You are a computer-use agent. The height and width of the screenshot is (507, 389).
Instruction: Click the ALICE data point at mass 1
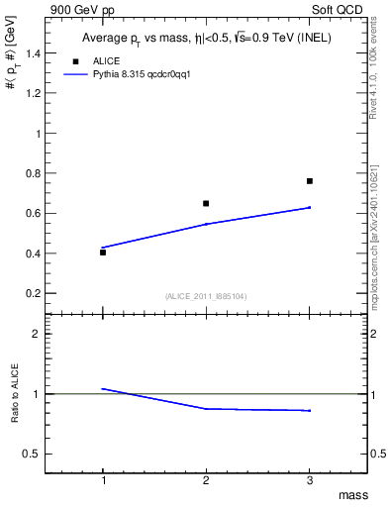tap(103, 253)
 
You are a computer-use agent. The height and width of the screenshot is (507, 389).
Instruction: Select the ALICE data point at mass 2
tap(206, 203)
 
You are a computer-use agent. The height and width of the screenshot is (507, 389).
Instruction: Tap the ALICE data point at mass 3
tap(310, 181)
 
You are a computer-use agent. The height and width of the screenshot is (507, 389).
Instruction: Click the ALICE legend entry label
tap(107, 60)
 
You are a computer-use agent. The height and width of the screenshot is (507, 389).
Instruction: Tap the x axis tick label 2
tap(206, 480)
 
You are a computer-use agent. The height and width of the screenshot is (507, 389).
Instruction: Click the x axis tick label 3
tap(310, 480)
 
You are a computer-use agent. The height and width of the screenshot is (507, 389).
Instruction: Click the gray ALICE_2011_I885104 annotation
tap(206, 296)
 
